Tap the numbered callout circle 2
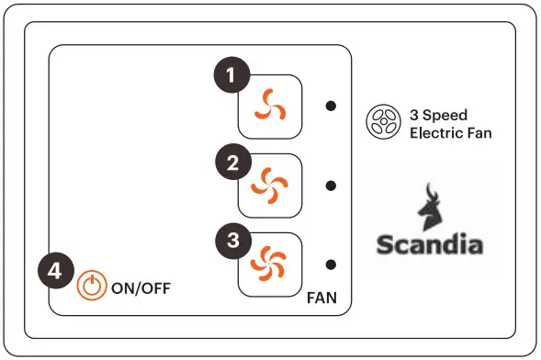234,163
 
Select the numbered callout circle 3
234,242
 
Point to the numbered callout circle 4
55,272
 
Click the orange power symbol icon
91,286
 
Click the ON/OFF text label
141,287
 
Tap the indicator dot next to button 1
331,106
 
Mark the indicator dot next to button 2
331,186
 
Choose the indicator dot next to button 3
331,264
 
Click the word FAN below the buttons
322,298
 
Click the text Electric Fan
450,133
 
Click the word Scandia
430,245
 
